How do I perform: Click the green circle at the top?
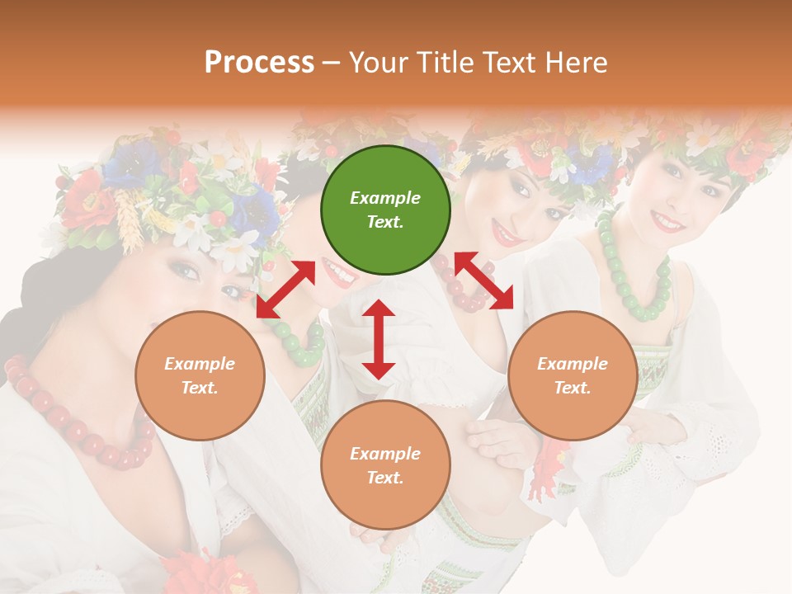click(x=385, y=210)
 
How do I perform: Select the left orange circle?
click(x=200, y=375)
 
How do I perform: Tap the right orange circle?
click(x=572, y=375)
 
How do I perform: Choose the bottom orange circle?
click(x=385, y=465)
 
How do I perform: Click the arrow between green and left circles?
click(x=285, y=289)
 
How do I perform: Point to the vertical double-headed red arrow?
click(x=379, y=339)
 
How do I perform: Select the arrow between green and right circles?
click(x=483, y=280)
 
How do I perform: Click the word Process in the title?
click(x=259, y=62)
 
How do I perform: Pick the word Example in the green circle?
click(x=385, y=198)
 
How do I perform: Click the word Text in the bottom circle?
click(x=384, y=478)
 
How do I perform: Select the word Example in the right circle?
click(x=572, y=364)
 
